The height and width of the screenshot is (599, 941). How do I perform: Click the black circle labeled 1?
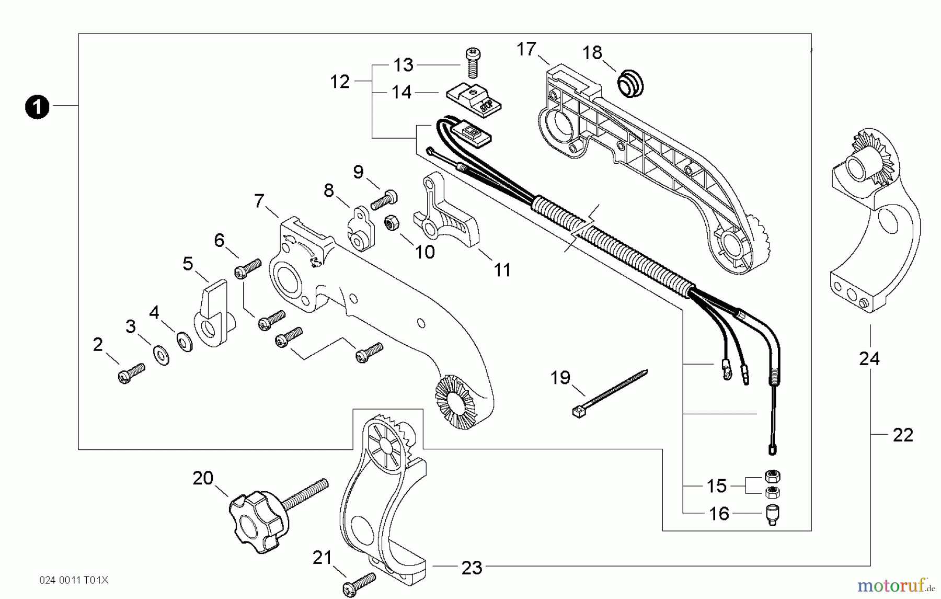37,107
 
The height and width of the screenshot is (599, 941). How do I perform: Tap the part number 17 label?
526,49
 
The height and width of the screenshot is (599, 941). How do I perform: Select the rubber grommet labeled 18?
630,85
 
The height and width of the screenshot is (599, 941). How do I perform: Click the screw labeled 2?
131,374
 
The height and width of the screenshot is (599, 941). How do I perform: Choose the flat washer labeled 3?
162,355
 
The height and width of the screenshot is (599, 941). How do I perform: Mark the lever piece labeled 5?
214,314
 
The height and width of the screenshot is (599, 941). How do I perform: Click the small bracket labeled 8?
361,229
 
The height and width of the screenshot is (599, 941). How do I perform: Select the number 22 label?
903,435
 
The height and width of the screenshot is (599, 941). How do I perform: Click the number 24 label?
869,359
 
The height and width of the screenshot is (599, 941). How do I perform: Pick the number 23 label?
472,568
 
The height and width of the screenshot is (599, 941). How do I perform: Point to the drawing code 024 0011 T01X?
74,580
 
